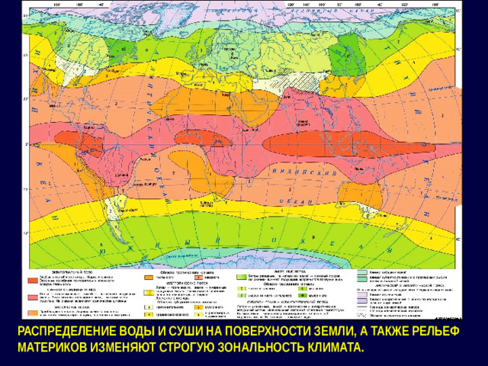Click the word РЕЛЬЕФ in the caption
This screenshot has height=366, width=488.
coord(451,332)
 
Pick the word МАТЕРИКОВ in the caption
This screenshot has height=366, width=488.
coord(54,348)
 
